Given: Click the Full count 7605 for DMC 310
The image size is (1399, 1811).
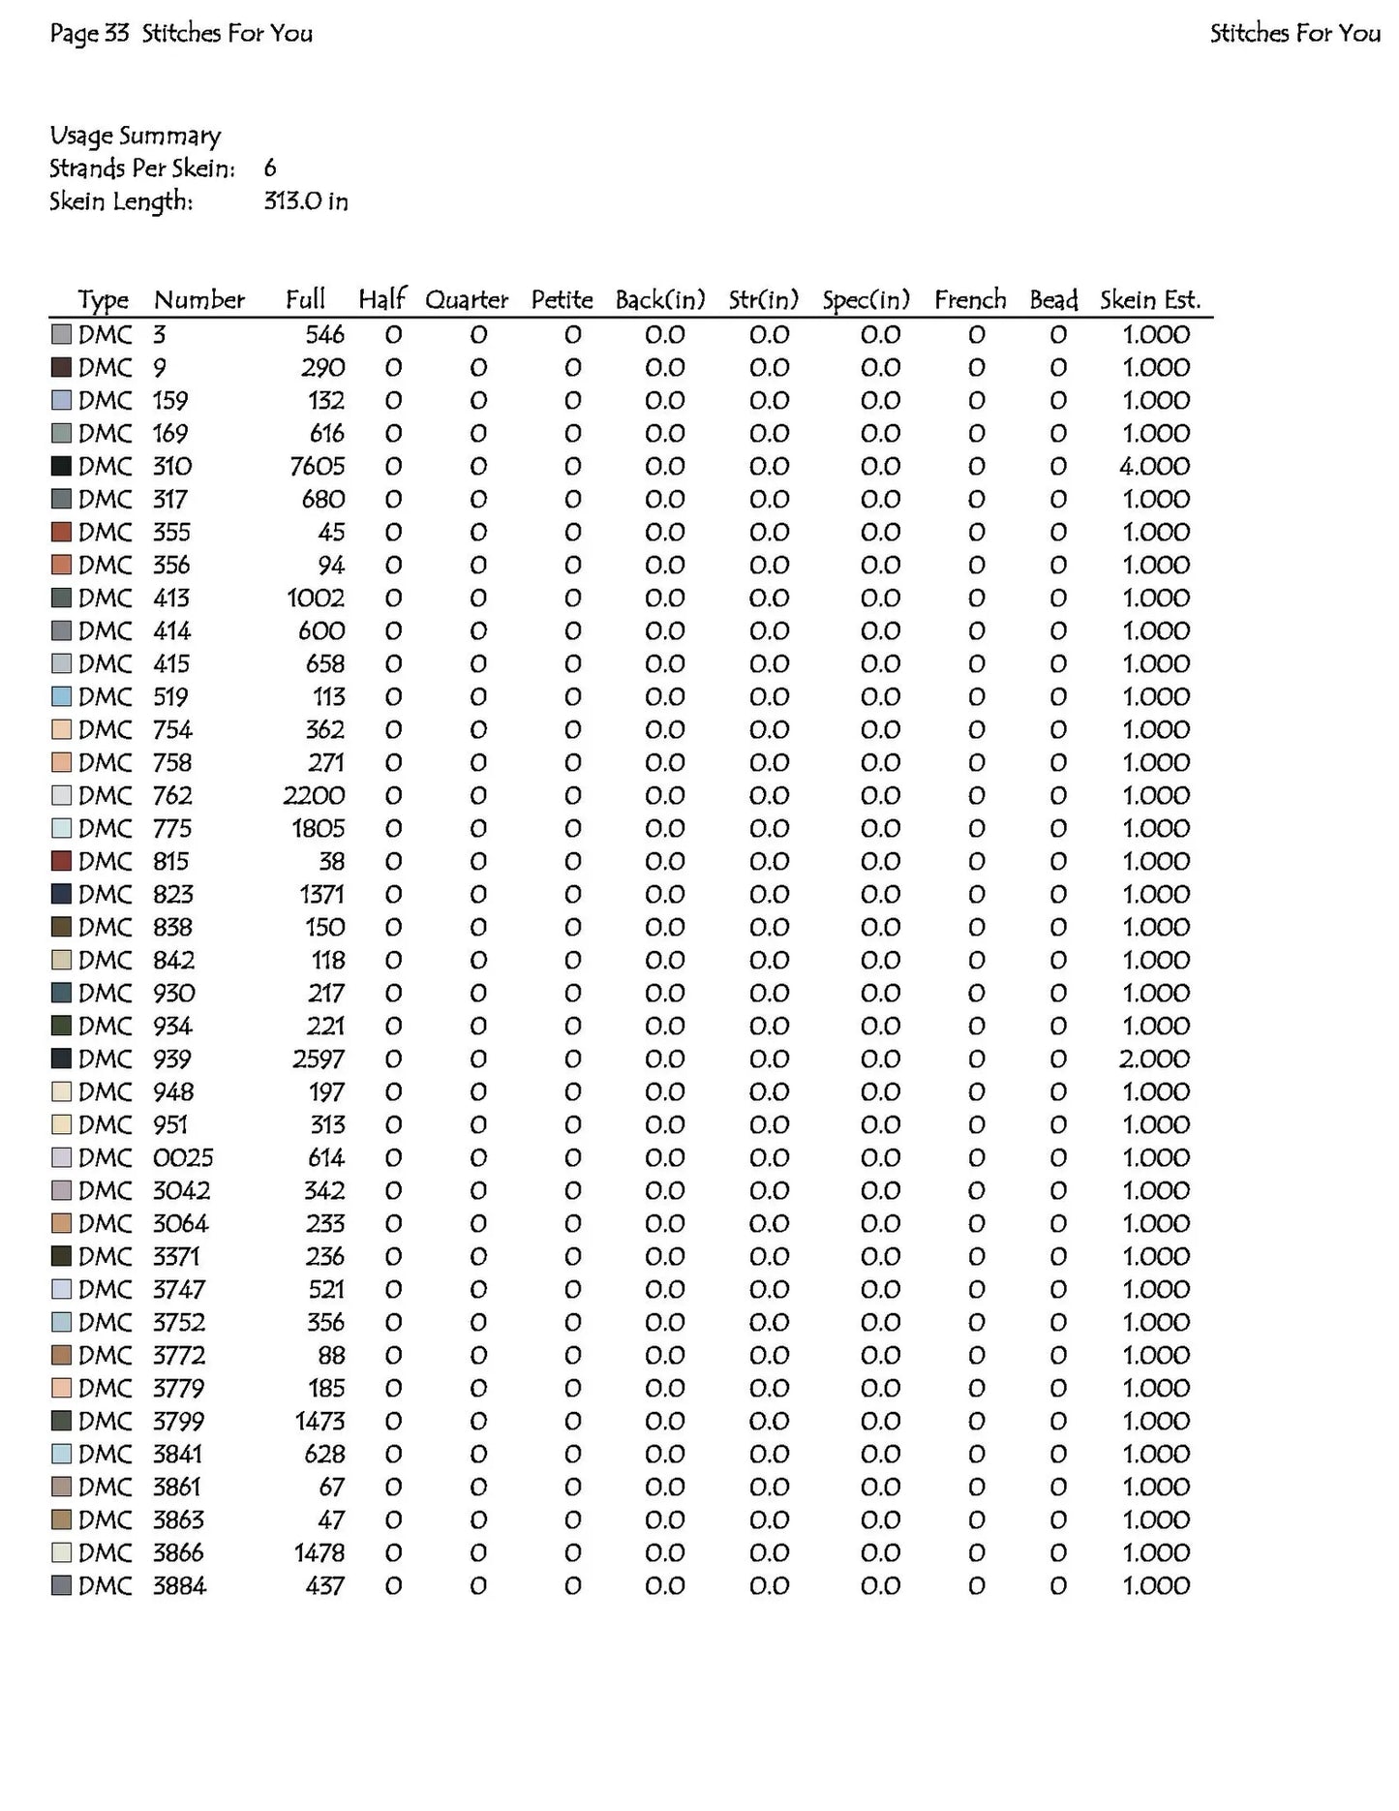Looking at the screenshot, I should click(x=317, y=467).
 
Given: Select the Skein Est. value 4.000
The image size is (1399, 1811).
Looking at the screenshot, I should click(x=1154, y=467).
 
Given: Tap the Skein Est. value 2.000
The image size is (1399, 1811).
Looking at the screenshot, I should click(x=1154, y=1059).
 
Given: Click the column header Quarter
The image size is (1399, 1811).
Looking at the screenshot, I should click(x=467, y=300).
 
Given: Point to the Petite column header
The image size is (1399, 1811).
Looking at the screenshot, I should click(x=562, y=300).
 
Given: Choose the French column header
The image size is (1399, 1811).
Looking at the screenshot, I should click(x=970, y=300).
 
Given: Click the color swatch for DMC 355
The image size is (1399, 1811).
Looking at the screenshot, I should click(x=62, y=533).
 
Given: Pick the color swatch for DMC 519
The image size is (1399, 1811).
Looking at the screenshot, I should click(x=62, y=697).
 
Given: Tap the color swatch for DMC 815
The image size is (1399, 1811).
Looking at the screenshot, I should click(x=62, y=862).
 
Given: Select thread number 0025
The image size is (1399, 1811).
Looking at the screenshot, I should click(x=183, y=1158).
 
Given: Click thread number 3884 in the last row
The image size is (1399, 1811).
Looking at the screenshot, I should click(x=179, y=1586).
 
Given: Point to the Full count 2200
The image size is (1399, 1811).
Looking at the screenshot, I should click(x=314, y=796).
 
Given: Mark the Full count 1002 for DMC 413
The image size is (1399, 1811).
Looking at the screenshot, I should click(x=316, y=599).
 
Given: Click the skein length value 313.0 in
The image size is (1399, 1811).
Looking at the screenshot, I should click(x=306, y=201).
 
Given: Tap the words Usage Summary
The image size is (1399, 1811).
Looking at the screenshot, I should click(x=136, y=136).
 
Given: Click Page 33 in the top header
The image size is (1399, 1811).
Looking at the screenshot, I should click(x=89, y=34).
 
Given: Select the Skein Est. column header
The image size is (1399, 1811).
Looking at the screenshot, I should click(x=1150, y=300).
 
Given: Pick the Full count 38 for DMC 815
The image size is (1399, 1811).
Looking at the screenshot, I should click(x=331, y=862).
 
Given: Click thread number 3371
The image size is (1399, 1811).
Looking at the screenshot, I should click(x=176, y=1257).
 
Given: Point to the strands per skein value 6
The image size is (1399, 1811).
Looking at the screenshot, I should click(x=270, y=169).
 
